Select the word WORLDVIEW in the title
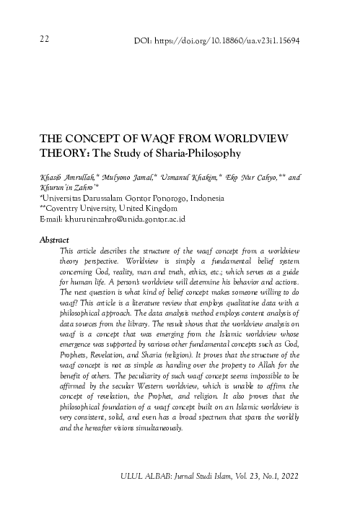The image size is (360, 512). click(245, 139)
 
